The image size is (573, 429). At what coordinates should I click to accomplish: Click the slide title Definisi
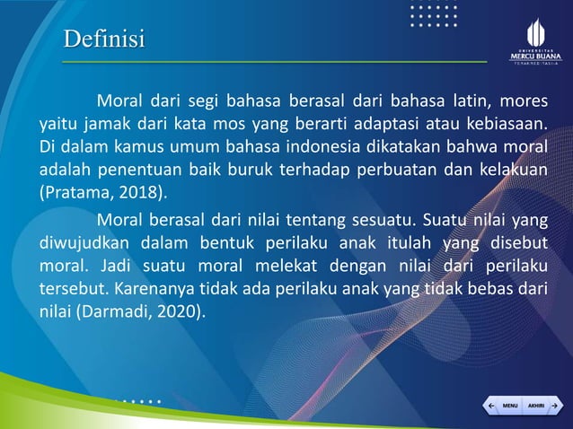pyautogui.click(x=103, y=39)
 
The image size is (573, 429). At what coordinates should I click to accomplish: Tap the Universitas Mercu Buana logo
pyautogui.click(x=534, y=41)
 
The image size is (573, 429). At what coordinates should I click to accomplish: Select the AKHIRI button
pyautogui.click(x=536, y=406)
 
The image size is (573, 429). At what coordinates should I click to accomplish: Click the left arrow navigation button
pyautogui.click(x=490, y=406)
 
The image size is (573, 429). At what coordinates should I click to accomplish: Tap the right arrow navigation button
pyautogui.click(x=556, y=406)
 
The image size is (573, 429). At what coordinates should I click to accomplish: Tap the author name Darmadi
pyautogui.click(x=117, y=312)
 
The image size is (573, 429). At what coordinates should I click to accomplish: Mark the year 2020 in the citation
pyautogui.click(x=178, y=312)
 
